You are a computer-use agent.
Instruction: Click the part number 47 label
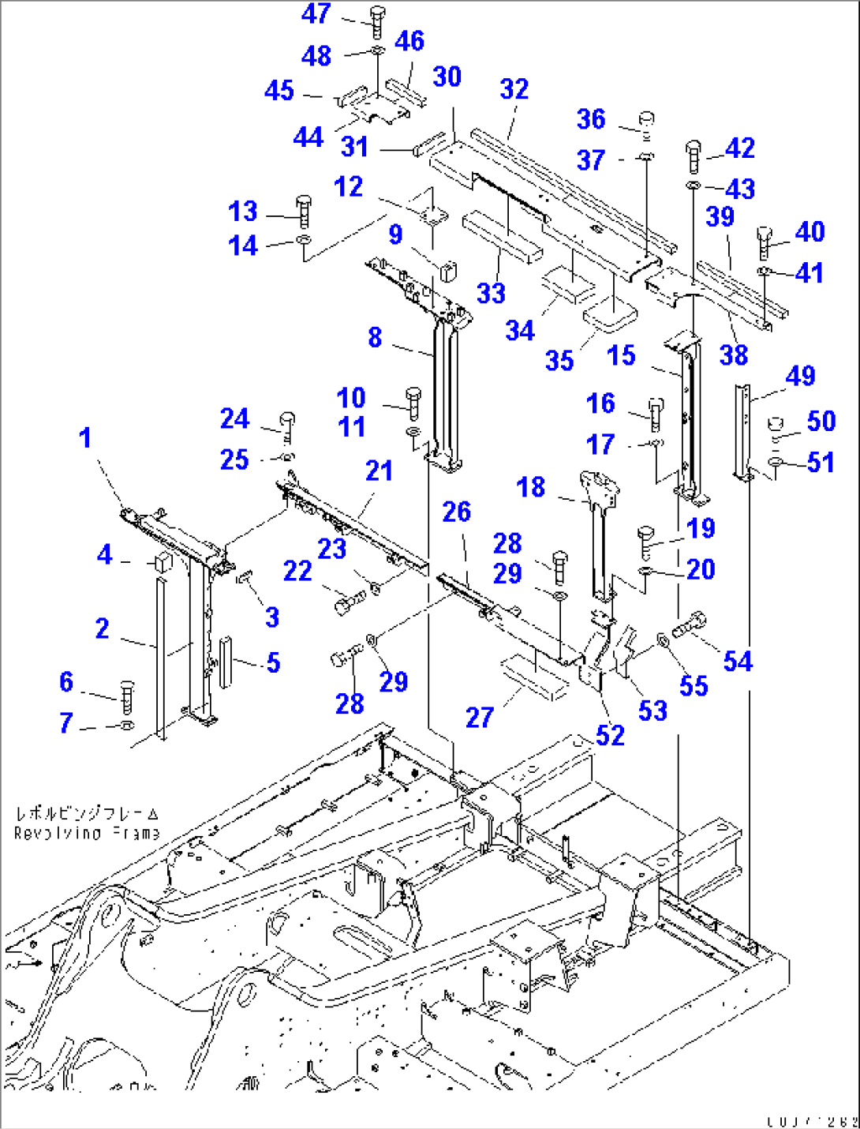(316, 13)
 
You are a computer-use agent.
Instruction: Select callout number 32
(514, 89)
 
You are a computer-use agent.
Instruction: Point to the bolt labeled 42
(694, 156)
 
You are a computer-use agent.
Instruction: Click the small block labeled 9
(449, 270)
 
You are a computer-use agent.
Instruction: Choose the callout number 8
(375, 338)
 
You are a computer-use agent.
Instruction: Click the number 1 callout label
(85, 437)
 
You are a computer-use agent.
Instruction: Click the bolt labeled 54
(690, 626)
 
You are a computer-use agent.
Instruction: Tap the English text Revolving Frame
(87, 834)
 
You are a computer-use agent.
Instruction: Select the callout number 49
(800, 377)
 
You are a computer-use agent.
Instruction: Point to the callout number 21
(379, 471)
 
